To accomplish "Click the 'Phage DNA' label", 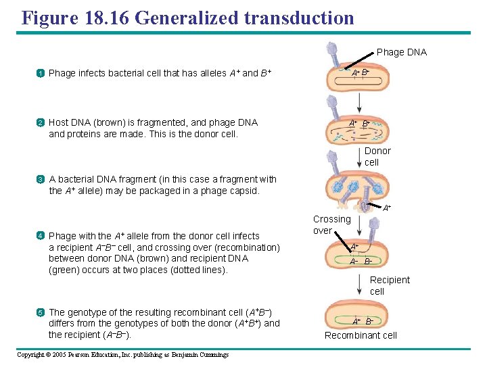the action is point(401,52).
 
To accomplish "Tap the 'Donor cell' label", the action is point(377,157).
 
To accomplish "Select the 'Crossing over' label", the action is point(331,224).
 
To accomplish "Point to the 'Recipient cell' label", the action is point(389,285).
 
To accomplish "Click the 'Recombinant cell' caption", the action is point(361,335).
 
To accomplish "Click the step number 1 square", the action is point(41,73).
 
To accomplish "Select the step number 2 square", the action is point(41,123).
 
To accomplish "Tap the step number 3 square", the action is point(41,180).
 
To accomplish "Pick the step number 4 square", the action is point(41,236).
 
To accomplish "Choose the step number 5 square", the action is point(41,312).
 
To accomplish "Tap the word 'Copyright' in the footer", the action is point(31,354).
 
